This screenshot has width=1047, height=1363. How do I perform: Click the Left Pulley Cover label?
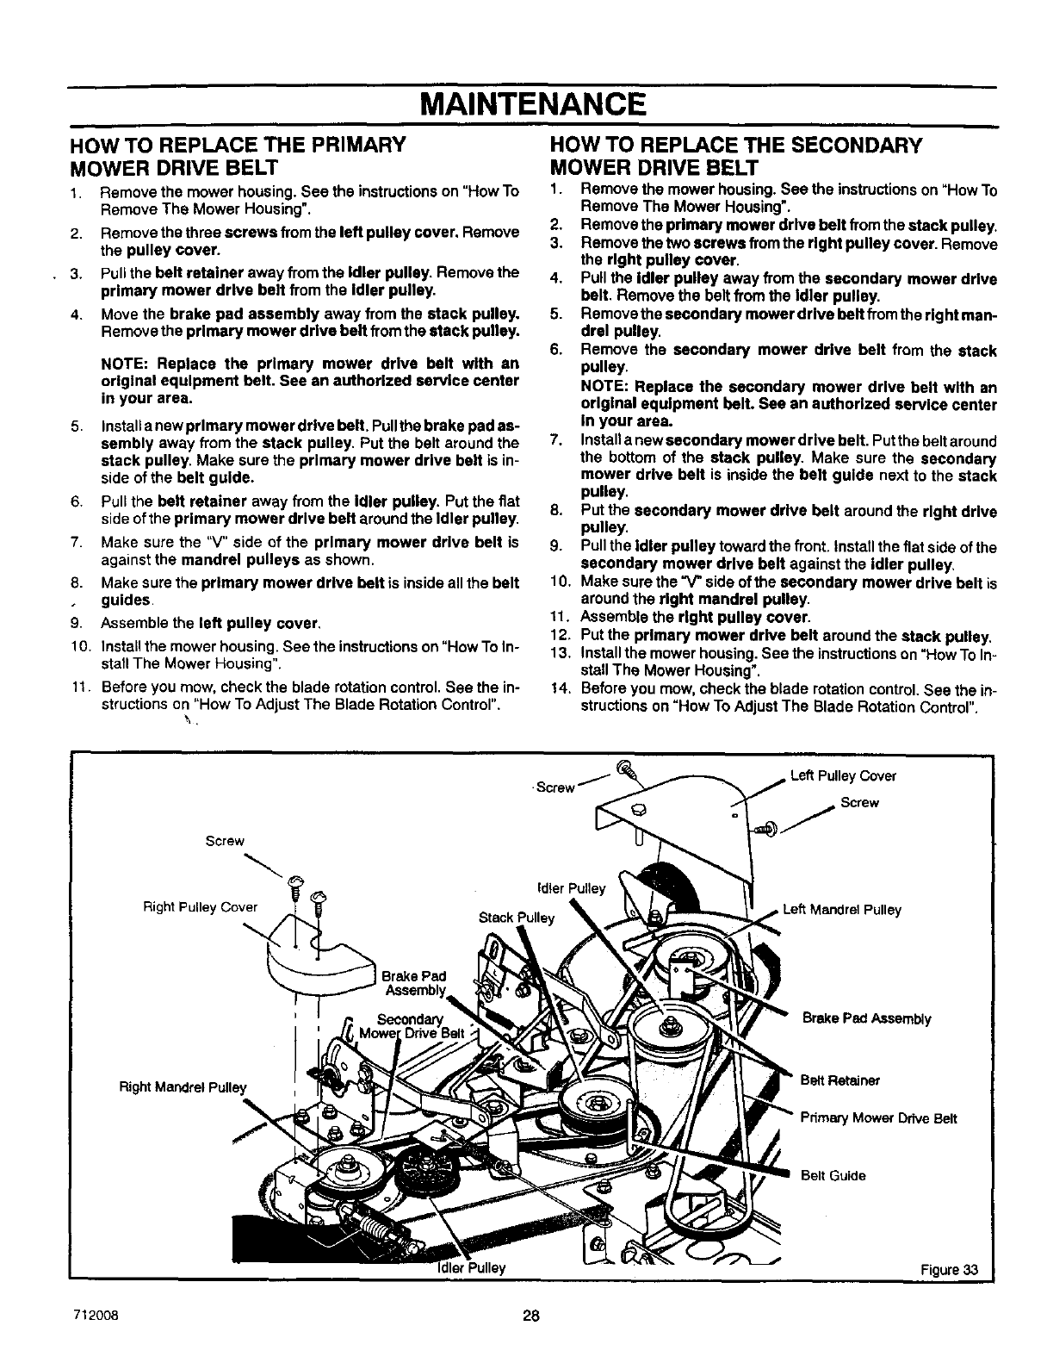pos(843,775)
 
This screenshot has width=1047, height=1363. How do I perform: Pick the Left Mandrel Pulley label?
pos(841,909)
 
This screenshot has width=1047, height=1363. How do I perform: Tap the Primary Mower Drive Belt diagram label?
pos(878,1118)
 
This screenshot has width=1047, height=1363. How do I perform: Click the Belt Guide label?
pos(833,1175)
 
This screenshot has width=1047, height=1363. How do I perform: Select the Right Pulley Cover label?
pos(201,906)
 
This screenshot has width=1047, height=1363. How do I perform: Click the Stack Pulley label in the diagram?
pos(517,917)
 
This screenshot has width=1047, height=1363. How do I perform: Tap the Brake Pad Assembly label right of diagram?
pos(866,1018)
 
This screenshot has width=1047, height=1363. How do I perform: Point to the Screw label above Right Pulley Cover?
pos(225,841)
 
